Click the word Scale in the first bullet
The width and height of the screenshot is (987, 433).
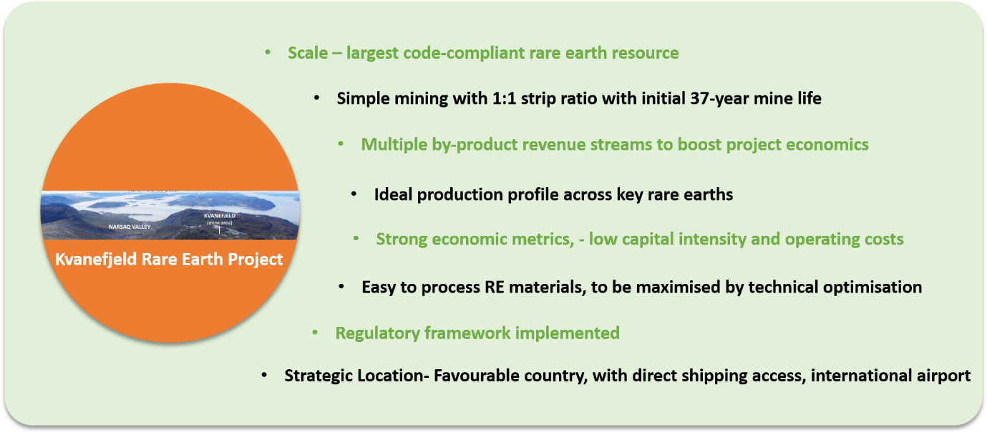coord(308,53)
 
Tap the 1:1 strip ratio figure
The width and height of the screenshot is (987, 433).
coord(504,98)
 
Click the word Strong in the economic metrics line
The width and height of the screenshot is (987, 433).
coord(402,239)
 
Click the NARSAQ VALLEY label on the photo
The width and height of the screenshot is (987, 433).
coord(130,227)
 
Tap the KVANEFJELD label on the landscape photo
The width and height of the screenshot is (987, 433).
coord(220,216)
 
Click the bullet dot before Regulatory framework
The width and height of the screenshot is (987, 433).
coord(315,333)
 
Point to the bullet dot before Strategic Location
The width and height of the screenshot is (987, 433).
coord(264,376)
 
